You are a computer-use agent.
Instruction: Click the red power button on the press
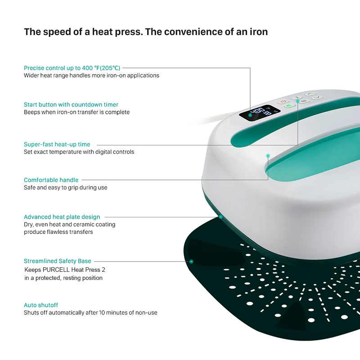[x=283, y=101]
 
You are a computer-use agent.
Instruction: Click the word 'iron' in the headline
[x=258, y=32]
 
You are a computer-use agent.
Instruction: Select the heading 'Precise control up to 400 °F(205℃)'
[x=72, y=68]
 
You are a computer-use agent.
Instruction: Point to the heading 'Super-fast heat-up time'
[x=57, y=144]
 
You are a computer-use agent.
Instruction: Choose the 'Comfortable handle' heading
[x=51, y=180]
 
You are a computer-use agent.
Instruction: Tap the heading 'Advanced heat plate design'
[x=62, y=217]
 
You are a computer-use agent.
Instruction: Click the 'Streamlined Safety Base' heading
[x=58, y=261]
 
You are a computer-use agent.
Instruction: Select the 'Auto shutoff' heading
[x=41, y=305]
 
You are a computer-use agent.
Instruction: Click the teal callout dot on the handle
[x=268, y=156]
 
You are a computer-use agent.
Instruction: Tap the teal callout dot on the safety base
[x=191, y=261]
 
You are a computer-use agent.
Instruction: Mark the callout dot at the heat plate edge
[x=221, y=217]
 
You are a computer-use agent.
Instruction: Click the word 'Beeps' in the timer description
[x=32, y=112]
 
